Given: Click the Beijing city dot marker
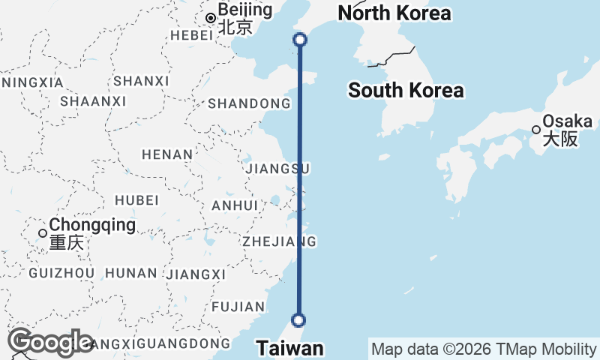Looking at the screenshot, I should [x=211, y=18].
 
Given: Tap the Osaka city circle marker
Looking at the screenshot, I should [x=536, y=129].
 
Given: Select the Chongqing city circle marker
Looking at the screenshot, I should [x=43, y=233].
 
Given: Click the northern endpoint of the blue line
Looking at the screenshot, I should [x=300, y=40].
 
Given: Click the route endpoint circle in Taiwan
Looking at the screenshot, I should [x=299, y=320].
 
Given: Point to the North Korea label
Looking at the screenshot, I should [x=394, y=13].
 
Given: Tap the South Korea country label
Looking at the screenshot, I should [x=406, y=91].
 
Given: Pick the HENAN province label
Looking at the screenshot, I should [x=167, y=154].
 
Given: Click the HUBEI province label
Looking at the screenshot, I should [x=136, y=199].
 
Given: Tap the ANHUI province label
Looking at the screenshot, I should [x=235, y=205].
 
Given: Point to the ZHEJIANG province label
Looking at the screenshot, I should [x=279, y=241].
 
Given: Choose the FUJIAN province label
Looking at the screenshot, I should [x=238, y=306].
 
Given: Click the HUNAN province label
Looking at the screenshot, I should [x=132, y=273].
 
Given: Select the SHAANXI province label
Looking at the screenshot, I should [x=89, y=100].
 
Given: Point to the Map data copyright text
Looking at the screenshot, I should [x=484, y=349].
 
